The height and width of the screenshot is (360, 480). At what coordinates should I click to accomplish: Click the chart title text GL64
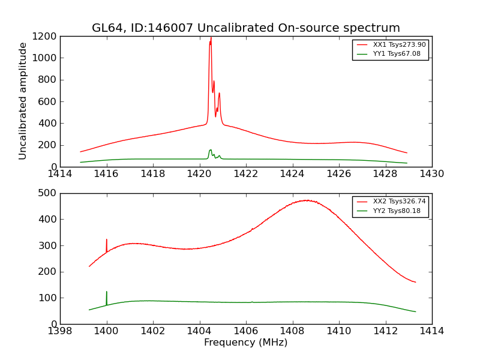coord(106,28)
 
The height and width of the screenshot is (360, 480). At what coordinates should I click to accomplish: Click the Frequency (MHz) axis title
coord(245,343)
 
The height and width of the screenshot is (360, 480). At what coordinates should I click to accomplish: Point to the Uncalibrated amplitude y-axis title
coord(23,101)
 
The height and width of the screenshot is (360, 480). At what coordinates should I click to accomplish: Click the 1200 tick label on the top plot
coord(46,36)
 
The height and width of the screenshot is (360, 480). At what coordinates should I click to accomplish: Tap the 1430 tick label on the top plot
coord(431,174)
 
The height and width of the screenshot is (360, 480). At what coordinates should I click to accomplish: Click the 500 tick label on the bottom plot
coord(49,193)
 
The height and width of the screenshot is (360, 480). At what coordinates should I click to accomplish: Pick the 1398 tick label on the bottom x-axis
coord(60,331)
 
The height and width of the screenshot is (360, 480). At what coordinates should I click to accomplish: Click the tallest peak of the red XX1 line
coord(211,38)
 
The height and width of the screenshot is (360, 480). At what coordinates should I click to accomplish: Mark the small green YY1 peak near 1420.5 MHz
coord(210,150)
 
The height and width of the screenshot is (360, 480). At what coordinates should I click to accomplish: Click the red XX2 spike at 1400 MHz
coord(107,239)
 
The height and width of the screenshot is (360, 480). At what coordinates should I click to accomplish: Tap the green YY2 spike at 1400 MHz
coord(107,292)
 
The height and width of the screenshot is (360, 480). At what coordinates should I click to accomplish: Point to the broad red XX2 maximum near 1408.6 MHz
coord(307,200)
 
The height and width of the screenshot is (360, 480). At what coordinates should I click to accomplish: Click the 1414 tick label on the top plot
coord(60,174)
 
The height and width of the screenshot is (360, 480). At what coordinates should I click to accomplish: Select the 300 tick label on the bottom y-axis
coord(49,245)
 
